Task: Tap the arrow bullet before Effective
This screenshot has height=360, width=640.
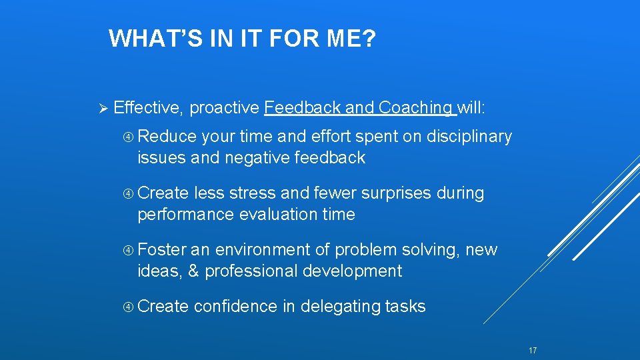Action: point(102,108)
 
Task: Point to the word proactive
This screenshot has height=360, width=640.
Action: point(225,108)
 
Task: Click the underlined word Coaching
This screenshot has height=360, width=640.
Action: point(415,108)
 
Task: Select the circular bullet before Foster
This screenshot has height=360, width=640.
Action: point(129,251)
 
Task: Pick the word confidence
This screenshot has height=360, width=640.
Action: point(235,307)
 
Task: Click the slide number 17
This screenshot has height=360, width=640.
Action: point(532,351)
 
